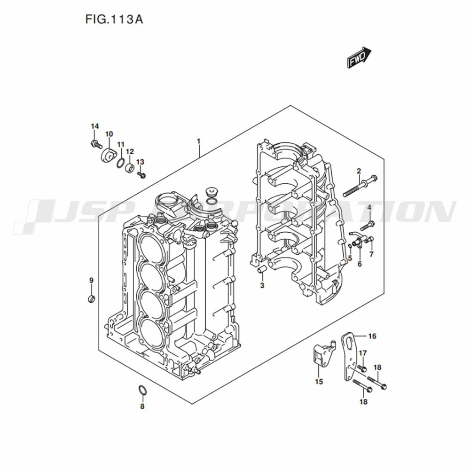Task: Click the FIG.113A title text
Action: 114,19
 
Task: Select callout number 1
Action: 198,141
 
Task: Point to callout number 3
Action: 262,285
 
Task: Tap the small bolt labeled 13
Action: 141,175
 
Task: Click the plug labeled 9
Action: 92,298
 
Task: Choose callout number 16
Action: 372,336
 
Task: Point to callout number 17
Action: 362,353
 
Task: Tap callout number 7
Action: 371,254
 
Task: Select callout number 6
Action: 360,264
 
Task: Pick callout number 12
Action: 130,152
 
